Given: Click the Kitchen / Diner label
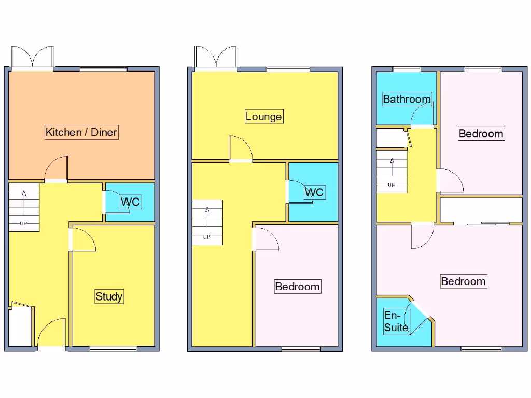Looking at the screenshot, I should tap(81, 132).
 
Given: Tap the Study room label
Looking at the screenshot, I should tap(109, 296).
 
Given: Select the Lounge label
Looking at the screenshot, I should tap(264, 117).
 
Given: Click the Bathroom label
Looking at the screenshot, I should tap(407, 99).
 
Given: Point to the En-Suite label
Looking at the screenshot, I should tap(396, 321).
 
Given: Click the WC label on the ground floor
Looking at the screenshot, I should tap(130, 202).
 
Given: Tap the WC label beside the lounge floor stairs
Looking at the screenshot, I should tap(314, 192).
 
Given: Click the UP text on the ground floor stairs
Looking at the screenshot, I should tap(23, 224).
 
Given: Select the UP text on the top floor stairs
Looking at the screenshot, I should tap(392, 184).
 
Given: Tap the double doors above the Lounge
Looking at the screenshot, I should tap(216, 57).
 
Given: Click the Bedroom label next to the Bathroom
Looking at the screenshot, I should tap(481, 134).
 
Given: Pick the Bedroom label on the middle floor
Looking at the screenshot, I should tap(297, 287).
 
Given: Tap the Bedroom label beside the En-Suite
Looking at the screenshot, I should tap(463, 281).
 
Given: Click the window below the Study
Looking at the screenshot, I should tap(114, 348).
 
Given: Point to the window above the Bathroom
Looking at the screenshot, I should tap(407, 69).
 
